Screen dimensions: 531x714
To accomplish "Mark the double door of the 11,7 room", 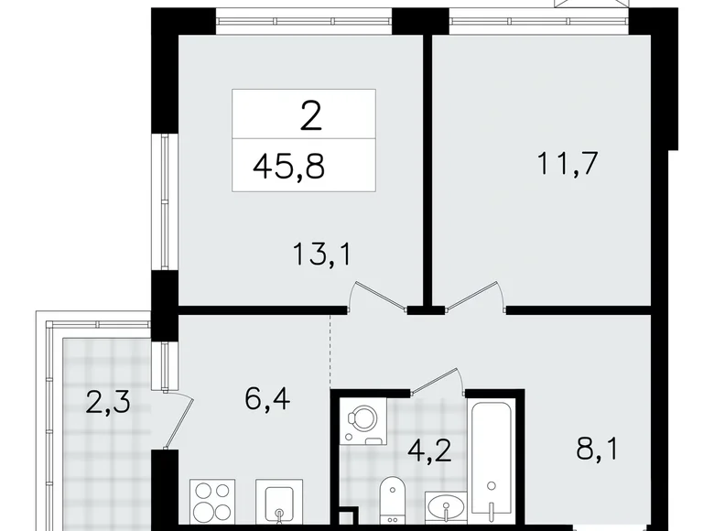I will point(470,298).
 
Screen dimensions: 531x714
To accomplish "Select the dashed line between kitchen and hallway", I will point(330,352).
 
